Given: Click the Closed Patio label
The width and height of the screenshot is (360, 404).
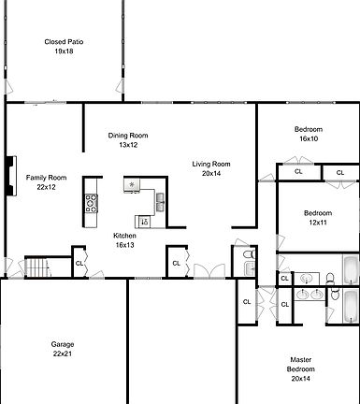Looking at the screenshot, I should (64, 41).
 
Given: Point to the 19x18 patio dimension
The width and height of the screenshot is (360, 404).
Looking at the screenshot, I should (64, 51).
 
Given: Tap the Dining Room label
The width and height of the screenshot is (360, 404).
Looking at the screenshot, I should (128, 136).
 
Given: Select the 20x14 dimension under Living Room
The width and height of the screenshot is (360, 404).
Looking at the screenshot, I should (211, 173).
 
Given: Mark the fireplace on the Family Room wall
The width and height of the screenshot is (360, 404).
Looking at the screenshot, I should (10, 174).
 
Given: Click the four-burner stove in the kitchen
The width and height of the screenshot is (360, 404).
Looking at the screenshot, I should (92, 203).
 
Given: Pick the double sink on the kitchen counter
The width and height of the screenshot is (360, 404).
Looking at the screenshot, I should (161, 200).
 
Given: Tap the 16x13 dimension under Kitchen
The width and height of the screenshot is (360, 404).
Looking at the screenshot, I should (124, 244).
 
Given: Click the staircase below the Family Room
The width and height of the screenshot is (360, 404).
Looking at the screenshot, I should (36, 268).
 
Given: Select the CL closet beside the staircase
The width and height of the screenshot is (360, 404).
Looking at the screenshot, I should (79, 264).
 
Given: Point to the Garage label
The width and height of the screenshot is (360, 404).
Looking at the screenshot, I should (63, 344).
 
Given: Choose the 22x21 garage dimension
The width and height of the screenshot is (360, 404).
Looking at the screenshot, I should (63, 354).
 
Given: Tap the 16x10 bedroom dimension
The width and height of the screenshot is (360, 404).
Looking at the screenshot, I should (309, 138).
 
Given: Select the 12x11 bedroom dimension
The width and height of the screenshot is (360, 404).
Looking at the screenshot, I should (317, 223).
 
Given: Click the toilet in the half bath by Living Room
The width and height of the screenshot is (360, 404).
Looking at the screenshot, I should (248, 254).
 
